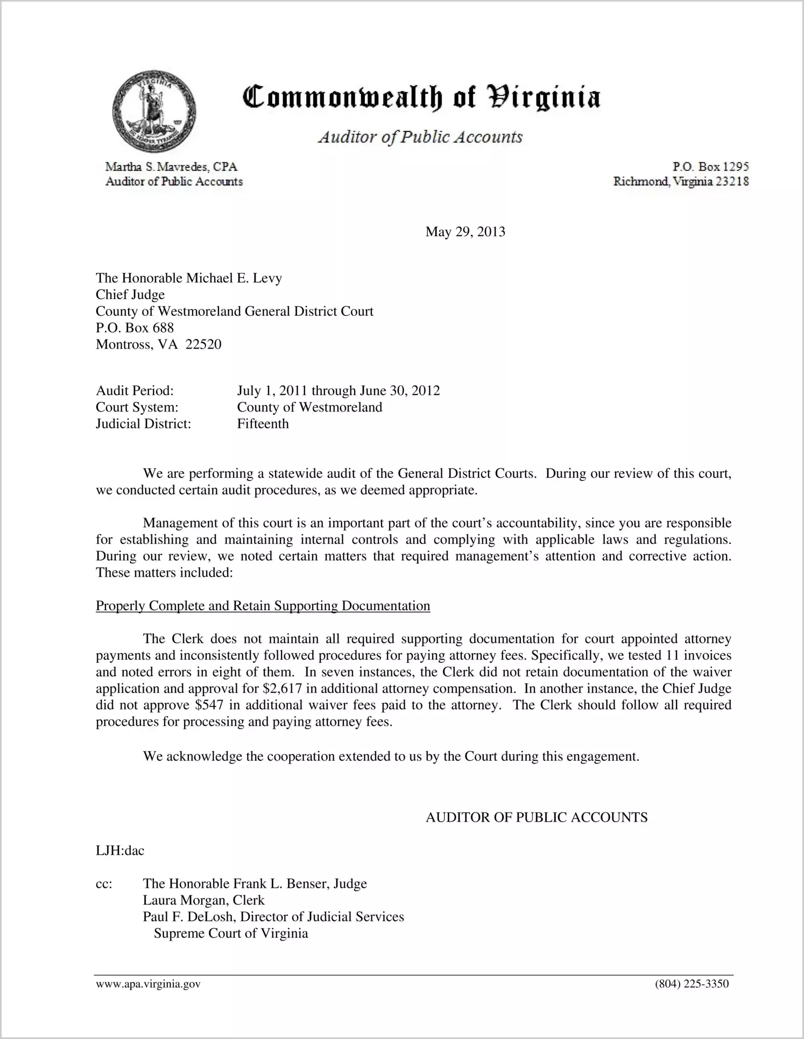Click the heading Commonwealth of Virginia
tap(421, 98)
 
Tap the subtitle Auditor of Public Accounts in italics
tap(420, 137)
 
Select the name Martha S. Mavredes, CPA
tap(172, 167)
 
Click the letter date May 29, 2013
tap(465, 232)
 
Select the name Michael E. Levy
tap(234, 278)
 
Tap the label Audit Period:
tap(135, 391)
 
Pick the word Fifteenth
tap(263, 424)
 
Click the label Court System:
tap(137, 407)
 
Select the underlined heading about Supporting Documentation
tap(263, 606)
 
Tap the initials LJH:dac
tap(120, 851)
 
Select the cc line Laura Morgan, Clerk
tap(203, 900)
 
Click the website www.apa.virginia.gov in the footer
tap(148, 984)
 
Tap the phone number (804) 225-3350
tap(692, 984)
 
